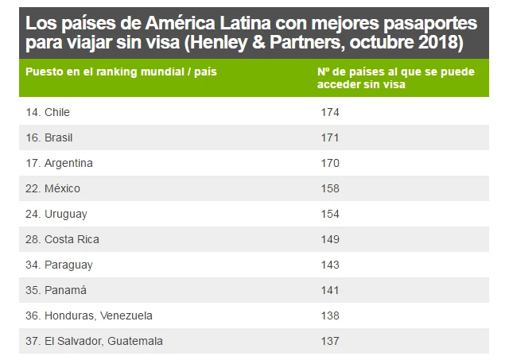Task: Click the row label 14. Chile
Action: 48,112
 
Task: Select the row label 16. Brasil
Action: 49,137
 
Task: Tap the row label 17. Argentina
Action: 60,163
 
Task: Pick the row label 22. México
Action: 53,188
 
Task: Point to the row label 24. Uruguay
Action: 56,214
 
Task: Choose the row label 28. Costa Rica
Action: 63,239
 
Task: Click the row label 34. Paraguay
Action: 60,265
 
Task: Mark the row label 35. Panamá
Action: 56,290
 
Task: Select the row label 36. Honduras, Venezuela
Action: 89,315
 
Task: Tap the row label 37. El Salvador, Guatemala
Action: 95,341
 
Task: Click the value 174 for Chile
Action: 329,112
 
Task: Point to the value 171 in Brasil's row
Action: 329,137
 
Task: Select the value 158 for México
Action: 329,188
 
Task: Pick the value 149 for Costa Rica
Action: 329,239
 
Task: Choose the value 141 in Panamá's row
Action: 329,290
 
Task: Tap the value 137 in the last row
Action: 329,341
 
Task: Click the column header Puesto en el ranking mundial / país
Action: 121,72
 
